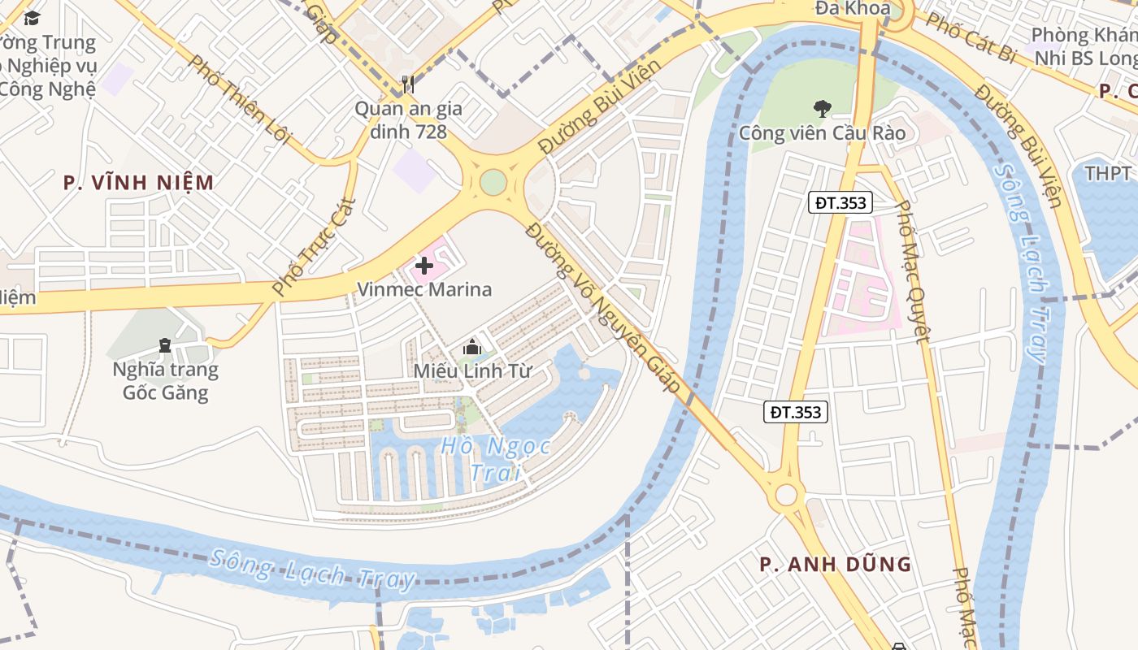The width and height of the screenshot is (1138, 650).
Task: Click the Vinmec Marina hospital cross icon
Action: tap(423, 266)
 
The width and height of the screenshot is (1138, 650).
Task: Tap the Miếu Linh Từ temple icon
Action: tap(471, 348)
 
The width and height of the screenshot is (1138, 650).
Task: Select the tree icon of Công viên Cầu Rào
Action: tap(822, 108)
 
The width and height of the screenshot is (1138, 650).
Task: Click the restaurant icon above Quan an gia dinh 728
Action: tap(408, 84)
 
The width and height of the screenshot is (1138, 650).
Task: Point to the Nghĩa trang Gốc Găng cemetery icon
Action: tap(165, 345)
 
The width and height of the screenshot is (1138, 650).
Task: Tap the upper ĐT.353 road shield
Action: tap(840, 203)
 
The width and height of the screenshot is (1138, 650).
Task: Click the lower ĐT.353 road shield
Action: tap(796, 412)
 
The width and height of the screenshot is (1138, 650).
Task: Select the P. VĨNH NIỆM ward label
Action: tap(139, 183)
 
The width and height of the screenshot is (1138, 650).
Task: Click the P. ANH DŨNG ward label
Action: tap(835, 564)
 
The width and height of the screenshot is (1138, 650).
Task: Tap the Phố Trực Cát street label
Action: tap(314, 246)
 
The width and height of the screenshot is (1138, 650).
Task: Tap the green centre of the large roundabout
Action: tap(493, 182)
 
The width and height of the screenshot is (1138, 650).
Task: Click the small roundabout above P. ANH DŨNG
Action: tap(786, 494)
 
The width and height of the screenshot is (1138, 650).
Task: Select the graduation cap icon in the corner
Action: tap(32, 18)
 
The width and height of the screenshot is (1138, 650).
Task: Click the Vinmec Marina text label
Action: tap(424, 289)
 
